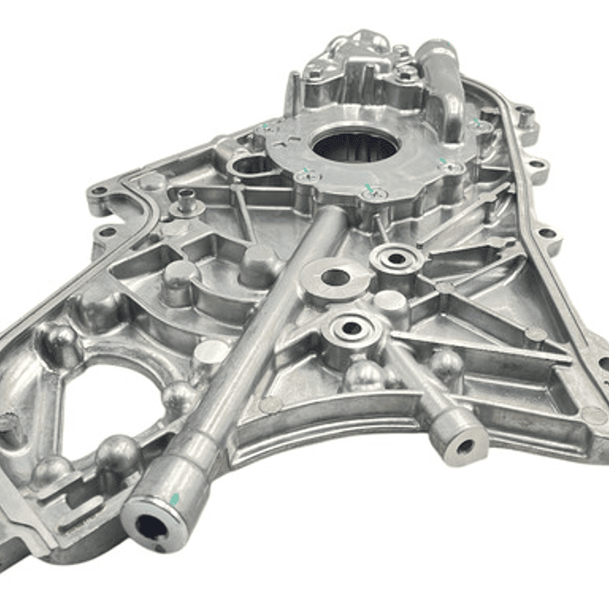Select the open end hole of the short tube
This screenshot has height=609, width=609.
464,446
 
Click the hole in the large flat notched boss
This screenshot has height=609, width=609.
336,277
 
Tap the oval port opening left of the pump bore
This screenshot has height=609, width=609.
251,164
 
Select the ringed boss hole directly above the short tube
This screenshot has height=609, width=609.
352,327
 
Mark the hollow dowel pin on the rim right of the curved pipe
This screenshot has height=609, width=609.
527,117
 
